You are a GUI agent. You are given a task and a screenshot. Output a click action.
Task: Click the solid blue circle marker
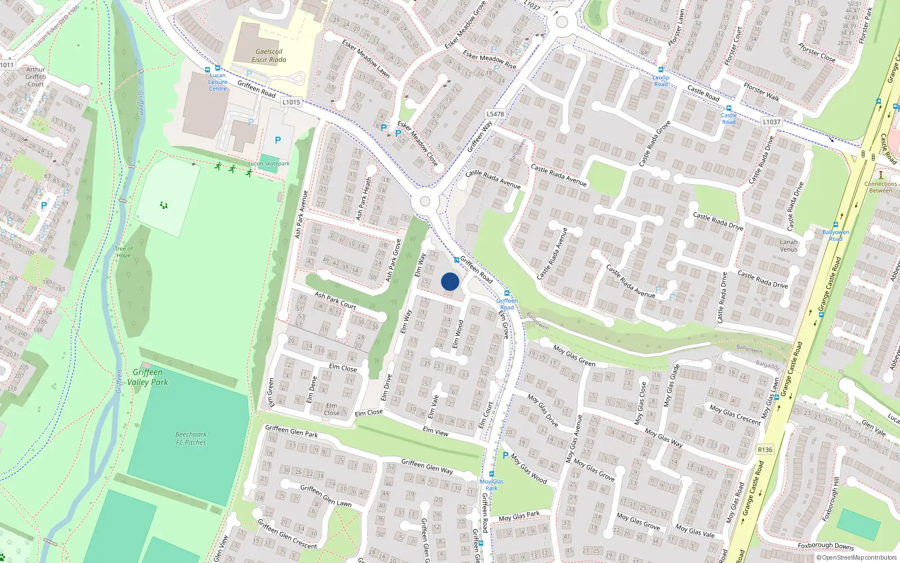click(x=450, y=281)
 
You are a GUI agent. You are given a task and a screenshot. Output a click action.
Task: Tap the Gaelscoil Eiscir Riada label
click(x=269, y=55)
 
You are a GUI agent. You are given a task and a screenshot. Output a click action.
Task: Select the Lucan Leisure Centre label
click(x=218, y=82)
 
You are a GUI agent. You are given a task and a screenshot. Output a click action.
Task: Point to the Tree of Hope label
click(x=123, y=252)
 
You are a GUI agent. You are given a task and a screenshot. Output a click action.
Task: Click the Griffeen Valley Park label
click(x=147, y=377)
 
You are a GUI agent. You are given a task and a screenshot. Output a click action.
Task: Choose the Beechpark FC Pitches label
click(x=191, y=439)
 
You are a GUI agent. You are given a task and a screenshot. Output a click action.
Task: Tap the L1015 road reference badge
click(x=291, y=102)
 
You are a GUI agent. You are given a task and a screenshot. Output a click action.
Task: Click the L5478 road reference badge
click(x=495, y=114)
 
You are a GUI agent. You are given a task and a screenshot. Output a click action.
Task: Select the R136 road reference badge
click(x=765, y=449)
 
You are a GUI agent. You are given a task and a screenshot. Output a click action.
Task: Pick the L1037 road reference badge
click(x=771, y=122)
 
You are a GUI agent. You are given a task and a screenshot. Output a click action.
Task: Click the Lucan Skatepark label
click(x=269, y=164)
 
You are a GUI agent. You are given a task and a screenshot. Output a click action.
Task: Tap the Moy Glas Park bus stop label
click(x=492, y=485)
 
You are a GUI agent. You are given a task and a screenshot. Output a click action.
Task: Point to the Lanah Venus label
click(x=789, y=245)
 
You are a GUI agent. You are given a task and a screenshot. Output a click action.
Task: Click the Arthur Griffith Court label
click(x=35, y=77)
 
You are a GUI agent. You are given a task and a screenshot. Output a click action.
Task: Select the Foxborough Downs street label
click(x=825, y=546)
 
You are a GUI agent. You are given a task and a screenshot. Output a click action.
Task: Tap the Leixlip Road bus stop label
click(x=661, y=81)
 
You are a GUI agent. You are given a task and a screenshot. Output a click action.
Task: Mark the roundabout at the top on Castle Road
click(x=561, y=23)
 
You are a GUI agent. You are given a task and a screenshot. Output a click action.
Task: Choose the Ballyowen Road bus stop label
click(x=835, y=235)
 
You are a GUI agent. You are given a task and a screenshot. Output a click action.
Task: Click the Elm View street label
click(x=435, y=431)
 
